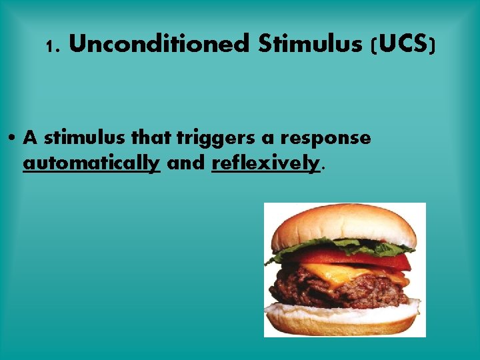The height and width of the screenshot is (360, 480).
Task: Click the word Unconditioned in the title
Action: [158, 45]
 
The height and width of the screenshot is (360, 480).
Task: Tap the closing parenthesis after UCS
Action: [433, 45]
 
